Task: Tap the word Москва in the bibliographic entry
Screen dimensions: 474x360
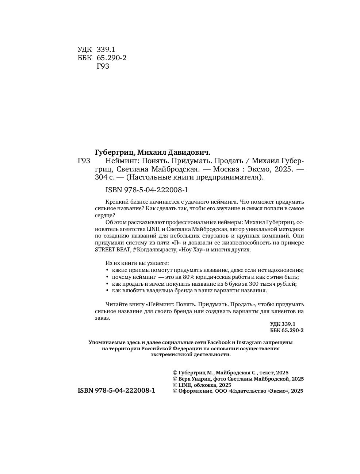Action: pyautogui.click(x=226, y=169)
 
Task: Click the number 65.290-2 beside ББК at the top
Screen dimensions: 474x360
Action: pyautogui.click(x=112, y=58)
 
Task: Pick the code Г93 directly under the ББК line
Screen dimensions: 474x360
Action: pyautogui.click(x=103, y=66)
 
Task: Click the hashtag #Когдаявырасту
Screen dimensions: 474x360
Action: pyautogui.click(x=154, y=250)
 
